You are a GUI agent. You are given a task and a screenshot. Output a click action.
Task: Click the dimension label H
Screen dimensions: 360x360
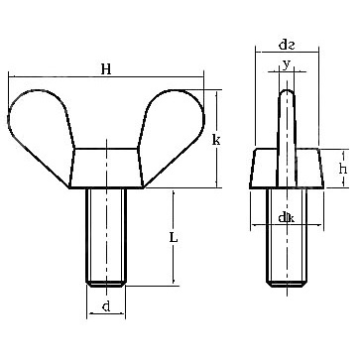(x=106, y=69)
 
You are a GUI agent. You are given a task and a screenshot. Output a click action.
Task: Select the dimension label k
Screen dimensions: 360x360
(x=216, y=140)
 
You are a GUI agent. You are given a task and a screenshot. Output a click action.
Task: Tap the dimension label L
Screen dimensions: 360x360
(x=174, y=237)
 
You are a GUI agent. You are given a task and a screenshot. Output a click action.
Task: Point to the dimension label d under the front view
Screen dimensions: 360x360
(x=106, y=306)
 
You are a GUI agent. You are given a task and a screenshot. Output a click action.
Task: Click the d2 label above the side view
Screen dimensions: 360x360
(x=287, y=45)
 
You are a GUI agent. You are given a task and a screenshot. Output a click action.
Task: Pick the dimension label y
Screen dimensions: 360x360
(x=287, y=64)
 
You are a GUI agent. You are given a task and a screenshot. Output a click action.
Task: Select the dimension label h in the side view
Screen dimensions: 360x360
(x=343, y=169)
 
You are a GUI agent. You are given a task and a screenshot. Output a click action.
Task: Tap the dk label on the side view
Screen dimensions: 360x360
(x=287, y=218)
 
